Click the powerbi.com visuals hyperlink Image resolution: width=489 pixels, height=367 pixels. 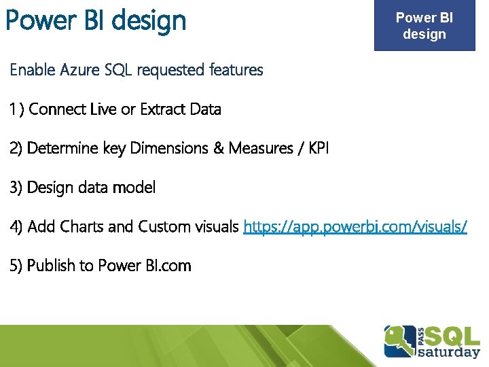[355, 226]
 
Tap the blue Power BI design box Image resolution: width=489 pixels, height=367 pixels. [424, 25]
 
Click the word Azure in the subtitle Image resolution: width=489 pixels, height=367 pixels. [79, 69]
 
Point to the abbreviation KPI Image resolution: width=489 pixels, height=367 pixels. [319, 148]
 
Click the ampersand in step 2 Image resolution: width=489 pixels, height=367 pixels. [219, 148]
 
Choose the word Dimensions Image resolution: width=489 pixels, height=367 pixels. [169, 148]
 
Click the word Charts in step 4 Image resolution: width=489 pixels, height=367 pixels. [81, 226]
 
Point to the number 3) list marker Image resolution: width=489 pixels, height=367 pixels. [16, 188]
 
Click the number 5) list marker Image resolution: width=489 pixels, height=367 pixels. [16, 266]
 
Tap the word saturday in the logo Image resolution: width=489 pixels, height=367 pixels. [449, 352]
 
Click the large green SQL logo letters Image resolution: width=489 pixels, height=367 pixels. [452, 336]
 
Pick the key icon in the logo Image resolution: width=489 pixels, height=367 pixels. [400, 340]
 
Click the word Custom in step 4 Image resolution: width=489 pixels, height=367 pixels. [164, 226]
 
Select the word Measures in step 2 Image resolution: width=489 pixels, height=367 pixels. [261, 148]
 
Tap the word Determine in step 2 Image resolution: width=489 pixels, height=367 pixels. [62, 148]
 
